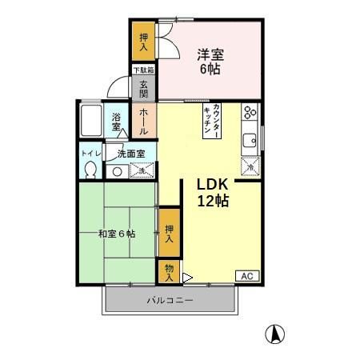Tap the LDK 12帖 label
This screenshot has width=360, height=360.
coord(213,192)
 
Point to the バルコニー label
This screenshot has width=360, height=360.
coord(169,301)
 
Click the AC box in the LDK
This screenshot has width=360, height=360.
coord(247,275)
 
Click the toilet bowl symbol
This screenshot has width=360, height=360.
coord(91,169)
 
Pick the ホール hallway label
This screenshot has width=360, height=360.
coord(143,121)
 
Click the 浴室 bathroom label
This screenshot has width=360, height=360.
coord(117,122)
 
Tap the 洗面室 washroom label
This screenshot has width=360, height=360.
coord(130,152)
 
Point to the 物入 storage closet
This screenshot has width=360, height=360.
coord(168,272)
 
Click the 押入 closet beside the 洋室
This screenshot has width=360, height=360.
coord(143,42)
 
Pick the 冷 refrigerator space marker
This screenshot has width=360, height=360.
coord(250,166)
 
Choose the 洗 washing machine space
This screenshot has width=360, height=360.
coord(140,170)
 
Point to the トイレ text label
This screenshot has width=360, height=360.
coord(87,152)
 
